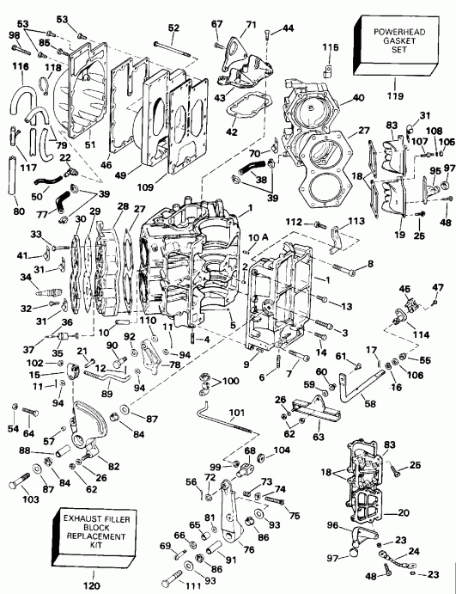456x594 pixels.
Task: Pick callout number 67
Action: pyautogui.click(x=216, y=24)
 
